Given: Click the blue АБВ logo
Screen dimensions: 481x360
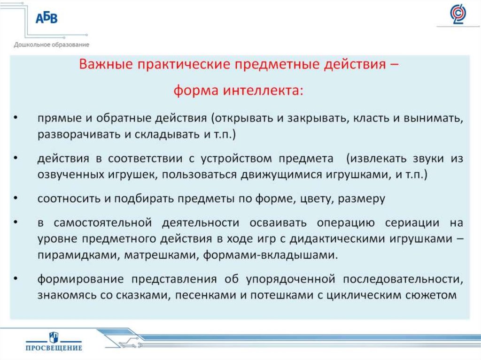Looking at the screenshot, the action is tap(47, 18).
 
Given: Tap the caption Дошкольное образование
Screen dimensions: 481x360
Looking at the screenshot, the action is tap(52, 45).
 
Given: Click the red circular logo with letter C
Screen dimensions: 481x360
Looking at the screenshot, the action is tap(458, 15).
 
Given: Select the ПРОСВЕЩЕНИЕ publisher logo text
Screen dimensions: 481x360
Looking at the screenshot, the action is tap(54, 348).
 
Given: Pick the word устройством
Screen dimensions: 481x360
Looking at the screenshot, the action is tap(236, 159).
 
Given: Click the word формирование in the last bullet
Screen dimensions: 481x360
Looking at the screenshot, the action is tap(81, 279).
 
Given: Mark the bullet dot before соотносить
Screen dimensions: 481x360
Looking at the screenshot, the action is tap(16, 198).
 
